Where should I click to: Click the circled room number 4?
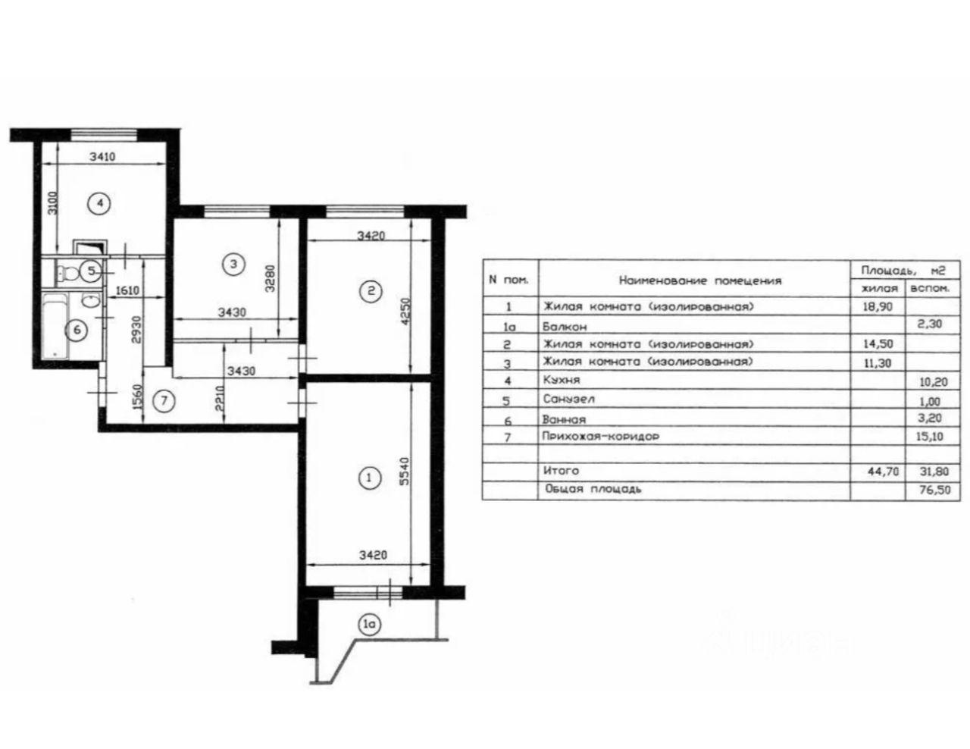pos(99,203)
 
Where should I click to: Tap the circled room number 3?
pos(233,265)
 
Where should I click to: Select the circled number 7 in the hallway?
pos(164,401)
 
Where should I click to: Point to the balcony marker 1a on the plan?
pos(369,625)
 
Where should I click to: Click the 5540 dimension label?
pos(403,472)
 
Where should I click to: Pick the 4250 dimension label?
pos(405,312)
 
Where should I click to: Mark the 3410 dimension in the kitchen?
pos(102,157)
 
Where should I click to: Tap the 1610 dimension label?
pos(127,290)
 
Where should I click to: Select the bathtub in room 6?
pos(55,325)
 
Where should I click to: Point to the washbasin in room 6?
pos(92,301)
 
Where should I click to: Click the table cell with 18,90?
pos(878,307)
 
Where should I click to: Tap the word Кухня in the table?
pos(561,380)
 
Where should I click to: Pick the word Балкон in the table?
pos(565,327)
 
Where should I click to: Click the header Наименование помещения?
pos(700,280)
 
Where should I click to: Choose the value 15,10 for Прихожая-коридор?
pos(930,436)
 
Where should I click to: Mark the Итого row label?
pos(561,471)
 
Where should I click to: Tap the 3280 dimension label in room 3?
pos(270,278)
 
